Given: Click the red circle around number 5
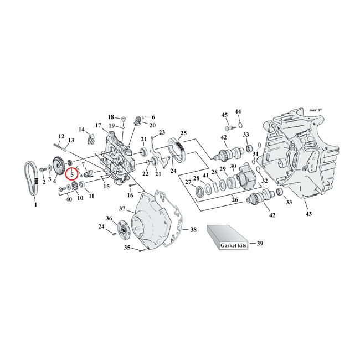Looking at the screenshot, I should (72, 174).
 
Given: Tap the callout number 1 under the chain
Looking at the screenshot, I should (35, 205).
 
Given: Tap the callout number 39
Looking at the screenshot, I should (260, 243).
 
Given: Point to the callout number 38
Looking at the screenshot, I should (193, 229).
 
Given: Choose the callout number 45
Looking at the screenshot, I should (224, 115).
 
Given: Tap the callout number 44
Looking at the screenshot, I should (238, 111).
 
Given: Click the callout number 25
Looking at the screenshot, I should (183, 133).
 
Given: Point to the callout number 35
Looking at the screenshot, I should (127, 248).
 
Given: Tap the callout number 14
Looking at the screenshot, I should (81, 130).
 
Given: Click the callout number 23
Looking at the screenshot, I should (162, 133).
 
